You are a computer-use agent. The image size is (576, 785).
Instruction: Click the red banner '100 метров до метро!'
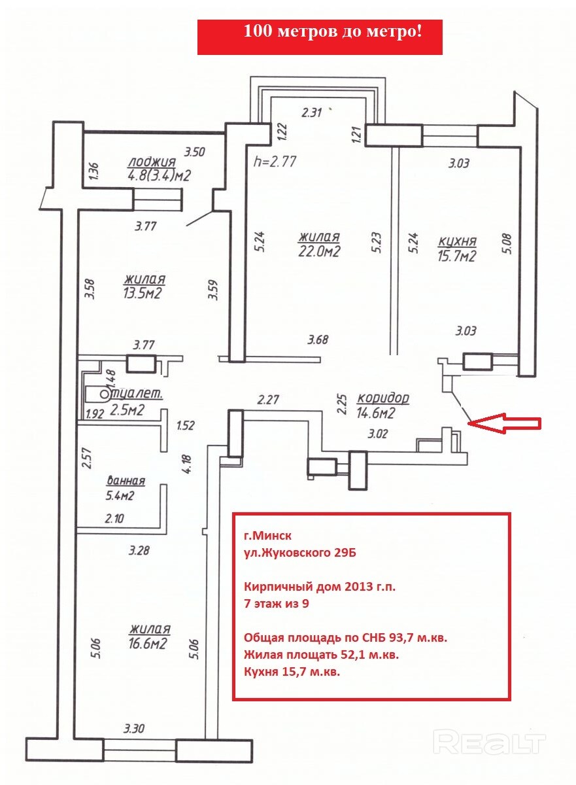320,37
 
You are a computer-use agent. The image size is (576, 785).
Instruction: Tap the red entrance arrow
505,423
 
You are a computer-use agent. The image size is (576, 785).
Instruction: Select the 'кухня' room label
457,241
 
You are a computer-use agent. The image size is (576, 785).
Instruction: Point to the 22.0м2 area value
319,251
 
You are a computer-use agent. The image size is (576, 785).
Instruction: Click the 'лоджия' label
152,163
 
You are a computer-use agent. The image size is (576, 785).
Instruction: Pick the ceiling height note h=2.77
275,162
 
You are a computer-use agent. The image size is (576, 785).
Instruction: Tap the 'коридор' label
383,398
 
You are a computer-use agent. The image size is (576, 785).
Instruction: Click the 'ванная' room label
126,480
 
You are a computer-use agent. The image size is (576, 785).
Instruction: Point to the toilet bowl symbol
97,395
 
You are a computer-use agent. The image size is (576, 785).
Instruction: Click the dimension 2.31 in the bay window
312,113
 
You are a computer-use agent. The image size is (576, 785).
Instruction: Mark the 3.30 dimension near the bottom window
134,727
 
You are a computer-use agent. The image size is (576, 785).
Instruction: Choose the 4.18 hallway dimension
188,464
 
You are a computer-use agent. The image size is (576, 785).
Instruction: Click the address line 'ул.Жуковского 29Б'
299,553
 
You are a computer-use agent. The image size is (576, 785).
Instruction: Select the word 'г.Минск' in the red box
267,536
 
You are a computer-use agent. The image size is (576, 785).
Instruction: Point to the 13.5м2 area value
142,292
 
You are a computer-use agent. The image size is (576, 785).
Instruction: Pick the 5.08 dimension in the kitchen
508,243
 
